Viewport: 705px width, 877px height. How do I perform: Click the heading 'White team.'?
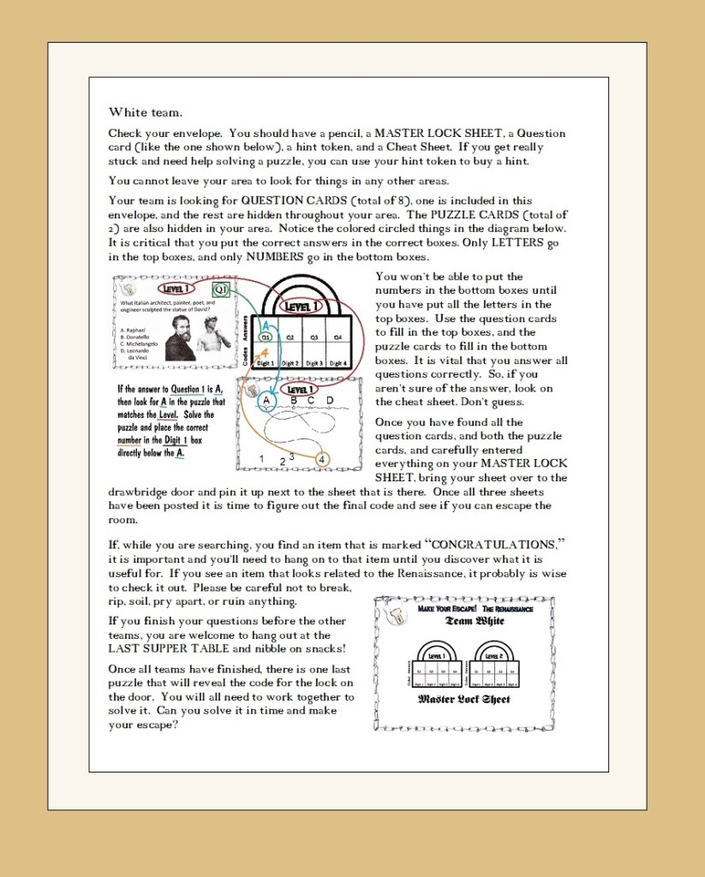coord(145,112)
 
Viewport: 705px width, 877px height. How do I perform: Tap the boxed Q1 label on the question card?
coord(220,289)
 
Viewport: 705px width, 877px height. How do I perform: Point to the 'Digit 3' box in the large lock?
coord(314,362)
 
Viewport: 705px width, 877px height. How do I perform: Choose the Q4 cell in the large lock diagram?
coord(338,337)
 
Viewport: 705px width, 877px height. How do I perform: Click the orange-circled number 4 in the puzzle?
coord(321,459)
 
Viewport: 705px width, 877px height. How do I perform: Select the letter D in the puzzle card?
coord(330,400)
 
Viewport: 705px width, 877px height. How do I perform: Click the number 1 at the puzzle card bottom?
coord(262,460)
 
